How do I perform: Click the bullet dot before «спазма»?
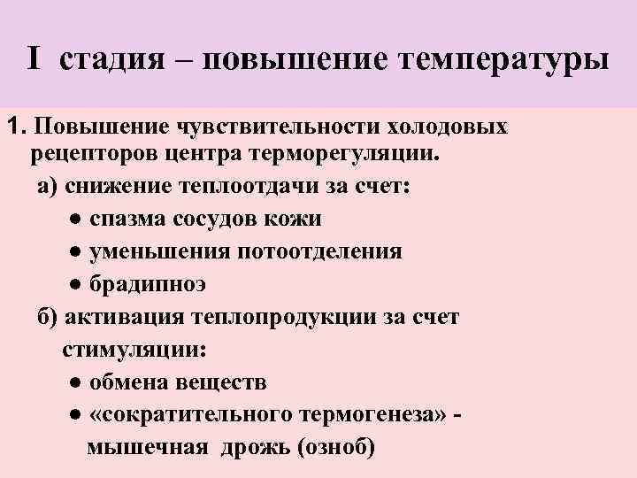78,220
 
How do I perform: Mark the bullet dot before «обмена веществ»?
76,382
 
